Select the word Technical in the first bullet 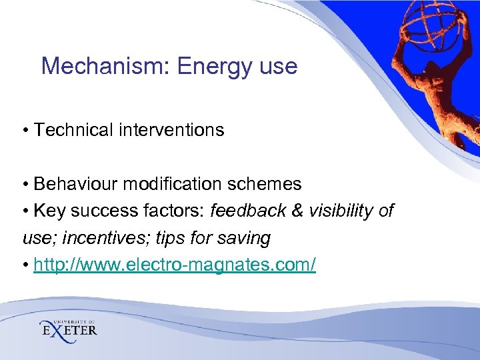pos(75,129)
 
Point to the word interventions pos(173,129)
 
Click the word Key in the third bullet pos(48,211)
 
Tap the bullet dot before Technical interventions pos(25,130)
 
